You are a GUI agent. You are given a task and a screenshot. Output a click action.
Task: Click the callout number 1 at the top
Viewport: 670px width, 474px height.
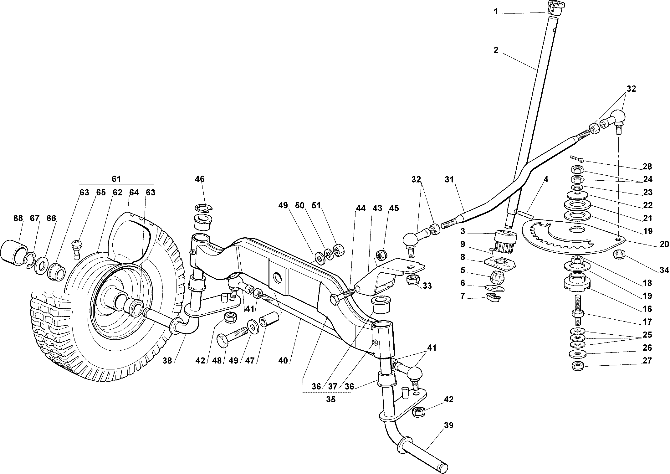click(x=496, y=12)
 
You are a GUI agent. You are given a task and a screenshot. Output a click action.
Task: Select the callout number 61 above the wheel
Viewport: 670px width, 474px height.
click(x=116, y=179)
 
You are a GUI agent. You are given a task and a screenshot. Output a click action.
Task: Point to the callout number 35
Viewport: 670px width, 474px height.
click(x=330, y=399)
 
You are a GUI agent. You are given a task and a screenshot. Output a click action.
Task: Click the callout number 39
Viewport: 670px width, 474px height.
click(x=449, y=425)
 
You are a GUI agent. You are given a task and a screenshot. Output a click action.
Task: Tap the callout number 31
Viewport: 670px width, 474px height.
click(x=449, y=179)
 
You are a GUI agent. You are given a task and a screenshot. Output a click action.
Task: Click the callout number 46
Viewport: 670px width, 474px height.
click(x=200, y=179)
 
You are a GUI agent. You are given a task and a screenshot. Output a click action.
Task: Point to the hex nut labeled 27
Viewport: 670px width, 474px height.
click(x=577, y=366)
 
